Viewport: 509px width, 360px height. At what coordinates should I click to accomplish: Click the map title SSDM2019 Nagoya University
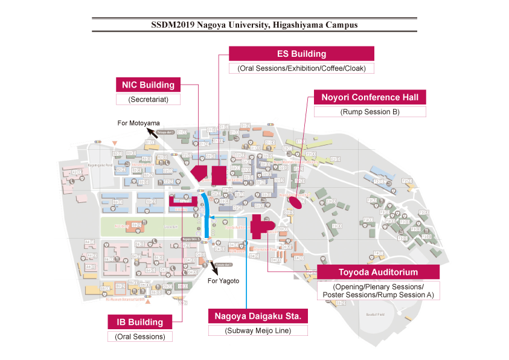[x=254, y=25]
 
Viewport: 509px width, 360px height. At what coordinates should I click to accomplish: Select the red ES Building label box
[x=301, y=54]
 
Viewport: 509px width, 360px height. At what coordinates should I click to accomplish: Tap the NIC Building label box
[x=148, y=85]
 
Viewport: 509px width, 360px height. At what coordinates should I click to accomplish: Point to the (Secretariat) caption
[x=148, y=99]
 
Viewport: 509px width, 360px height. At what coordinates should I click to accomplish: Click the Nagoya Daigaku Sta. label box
[x=258, y=316]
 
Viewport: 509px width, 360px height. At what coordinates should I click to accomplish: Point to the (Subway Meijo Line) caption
[x=258, y=330]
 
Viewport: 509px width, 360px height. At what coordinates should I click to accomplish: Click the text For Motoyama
[x=138, y=123]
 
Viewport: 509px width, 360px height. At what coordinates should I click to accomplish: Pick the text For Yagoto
[x=223, y=281]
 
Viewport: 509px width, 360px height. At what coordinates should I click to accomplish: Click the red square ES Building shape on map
[x=219, y=175]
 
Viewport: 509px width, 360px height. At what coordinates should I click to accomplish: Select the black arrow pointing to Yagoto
[x=213, y=268]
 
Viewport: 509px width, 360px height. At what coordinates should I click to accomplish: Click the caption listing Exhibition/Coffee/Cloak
[x=301, y=68]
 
